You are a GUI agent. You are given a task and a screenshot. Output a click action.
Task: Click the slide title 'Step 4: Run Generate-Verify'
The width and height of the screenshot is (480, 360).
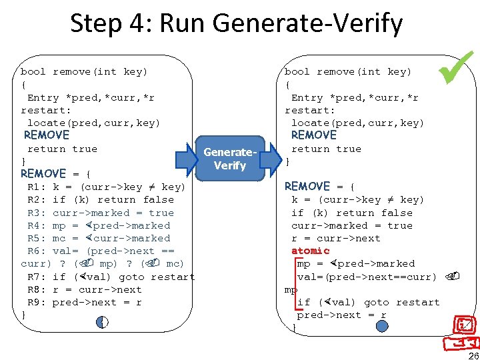[x=236, y=23]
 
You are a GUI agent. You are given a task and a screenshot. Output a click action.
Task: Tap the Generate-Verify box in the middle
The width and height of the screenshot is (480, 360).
[x=230, y=159]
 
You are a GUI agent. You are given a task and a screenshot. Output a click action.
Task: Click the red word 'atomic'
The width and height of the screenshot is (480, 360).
[x=310, y=251]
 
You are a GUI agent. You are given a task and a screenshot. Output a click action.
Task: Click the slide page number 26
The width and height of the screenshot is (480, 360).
[x=473, y=354]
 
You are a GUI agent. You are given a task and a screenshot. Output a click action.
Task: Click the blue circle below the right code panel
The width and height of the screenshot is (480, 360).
[x=381, y=327]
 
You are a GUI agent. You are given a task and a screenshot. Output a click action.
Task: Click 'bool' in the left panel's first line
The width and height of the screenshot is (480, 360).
[x=33, y=71]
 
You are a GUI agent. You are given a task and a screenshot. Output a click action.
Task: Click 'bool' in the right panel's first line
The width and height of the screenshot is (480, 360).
[x=297, y=71]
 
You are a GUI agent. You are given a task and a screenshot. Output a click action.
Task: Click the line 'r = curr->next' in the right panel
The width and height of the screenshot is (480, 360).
[x=336, y=238]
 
